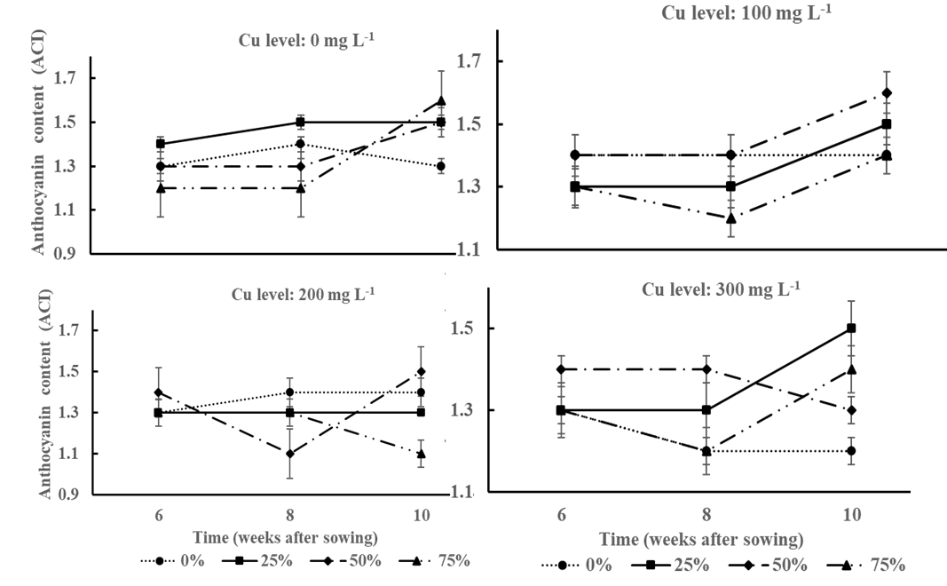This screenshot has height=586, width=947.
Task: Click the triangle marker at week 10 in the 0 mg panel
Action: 440,101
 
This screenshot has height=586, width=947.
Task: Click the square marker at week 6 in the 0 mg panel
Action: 161,144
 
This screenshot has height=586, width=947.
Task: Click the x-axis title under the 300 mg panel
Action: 701,539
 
